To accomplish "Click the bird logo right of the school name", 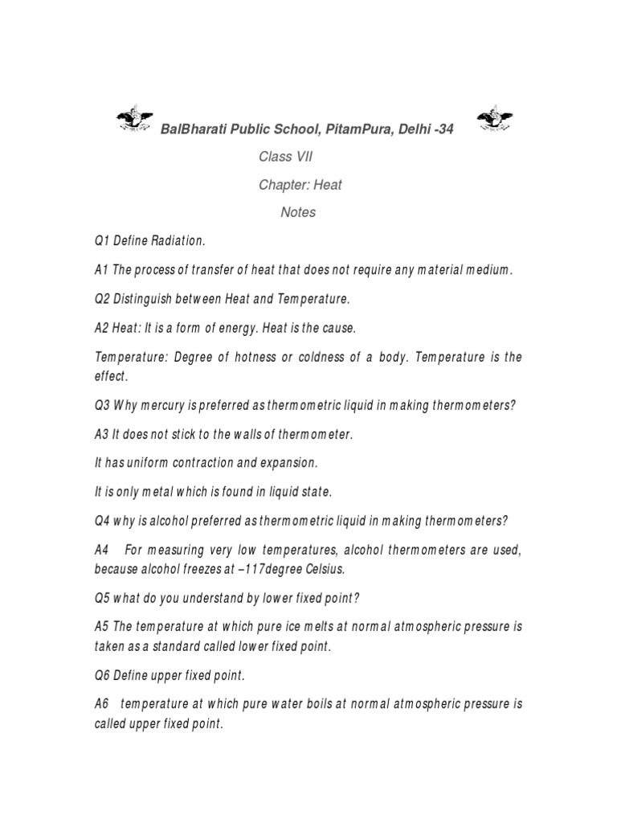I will click(x=494, y=120).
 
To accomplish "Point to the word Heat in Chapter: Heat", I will click(x=329, y=185).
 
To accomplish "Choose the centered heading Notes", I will click(x=298, y=212).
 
